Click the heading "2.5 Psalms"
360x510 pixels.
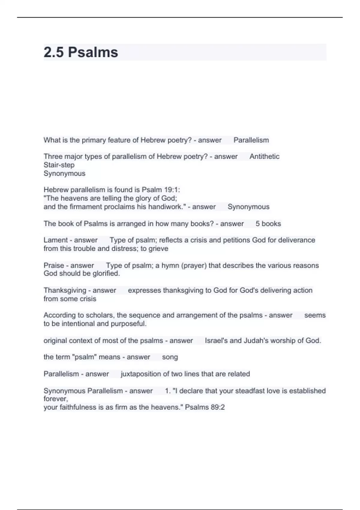pos(81,52)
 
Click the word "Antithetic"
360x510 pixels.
pos(264,156)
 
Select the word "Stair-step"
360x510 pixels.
pos(59,165)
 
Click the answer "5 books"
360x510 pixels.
pos(268,223)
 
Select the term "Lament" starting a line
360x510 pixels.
pos(56,240)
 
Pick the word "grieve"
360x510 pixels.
pos(158,248)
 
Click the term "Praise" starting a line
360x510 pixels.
pos(54,265)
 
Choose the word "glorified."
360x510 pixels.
pos(106,273)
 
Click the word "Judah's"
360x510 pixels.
pos(257,340)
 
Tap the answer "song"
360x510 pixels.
pos(170,357)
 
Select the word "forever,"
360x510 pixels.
pos(56,399)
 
